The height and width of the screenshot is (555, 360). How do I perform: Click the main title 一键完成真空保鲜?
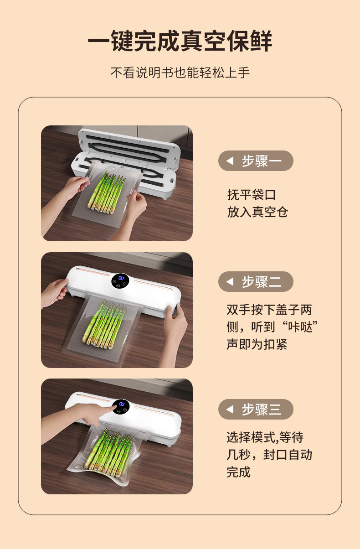click(x=180, y=41)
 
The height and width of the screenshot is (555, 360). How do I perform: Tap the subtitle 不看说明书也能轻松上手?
click(x=180, y=73)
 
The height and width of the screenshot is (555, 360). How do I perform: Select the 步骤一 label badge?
click(x=256, y=161)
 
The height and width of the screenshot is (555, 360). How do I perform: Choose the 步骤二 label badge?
click(x=256, y=281)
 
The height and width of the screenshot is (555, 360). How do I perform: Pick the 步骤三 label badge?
click(x=256, y=409)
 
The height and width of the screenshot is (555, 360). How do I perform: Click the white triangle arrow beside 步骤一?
click(x=230, y=161)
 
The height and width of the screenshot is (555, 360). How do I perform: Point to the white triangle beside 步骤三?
click(x=230, y=409)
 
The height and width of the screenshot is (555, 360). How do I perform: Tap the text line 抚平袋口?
click(x=252, y=195)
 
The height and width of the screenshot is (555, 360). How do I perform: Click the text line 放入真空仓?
click(x=257, y=212)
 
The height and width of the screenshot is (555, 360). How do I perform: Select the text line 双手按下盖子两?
click(x=269, y=310)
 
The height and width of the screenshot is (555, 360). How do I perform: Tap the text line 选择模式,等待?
click(x=265, y=437)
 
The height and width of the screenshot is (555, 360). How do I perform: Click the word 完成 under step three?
click(x=238, y=472)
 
